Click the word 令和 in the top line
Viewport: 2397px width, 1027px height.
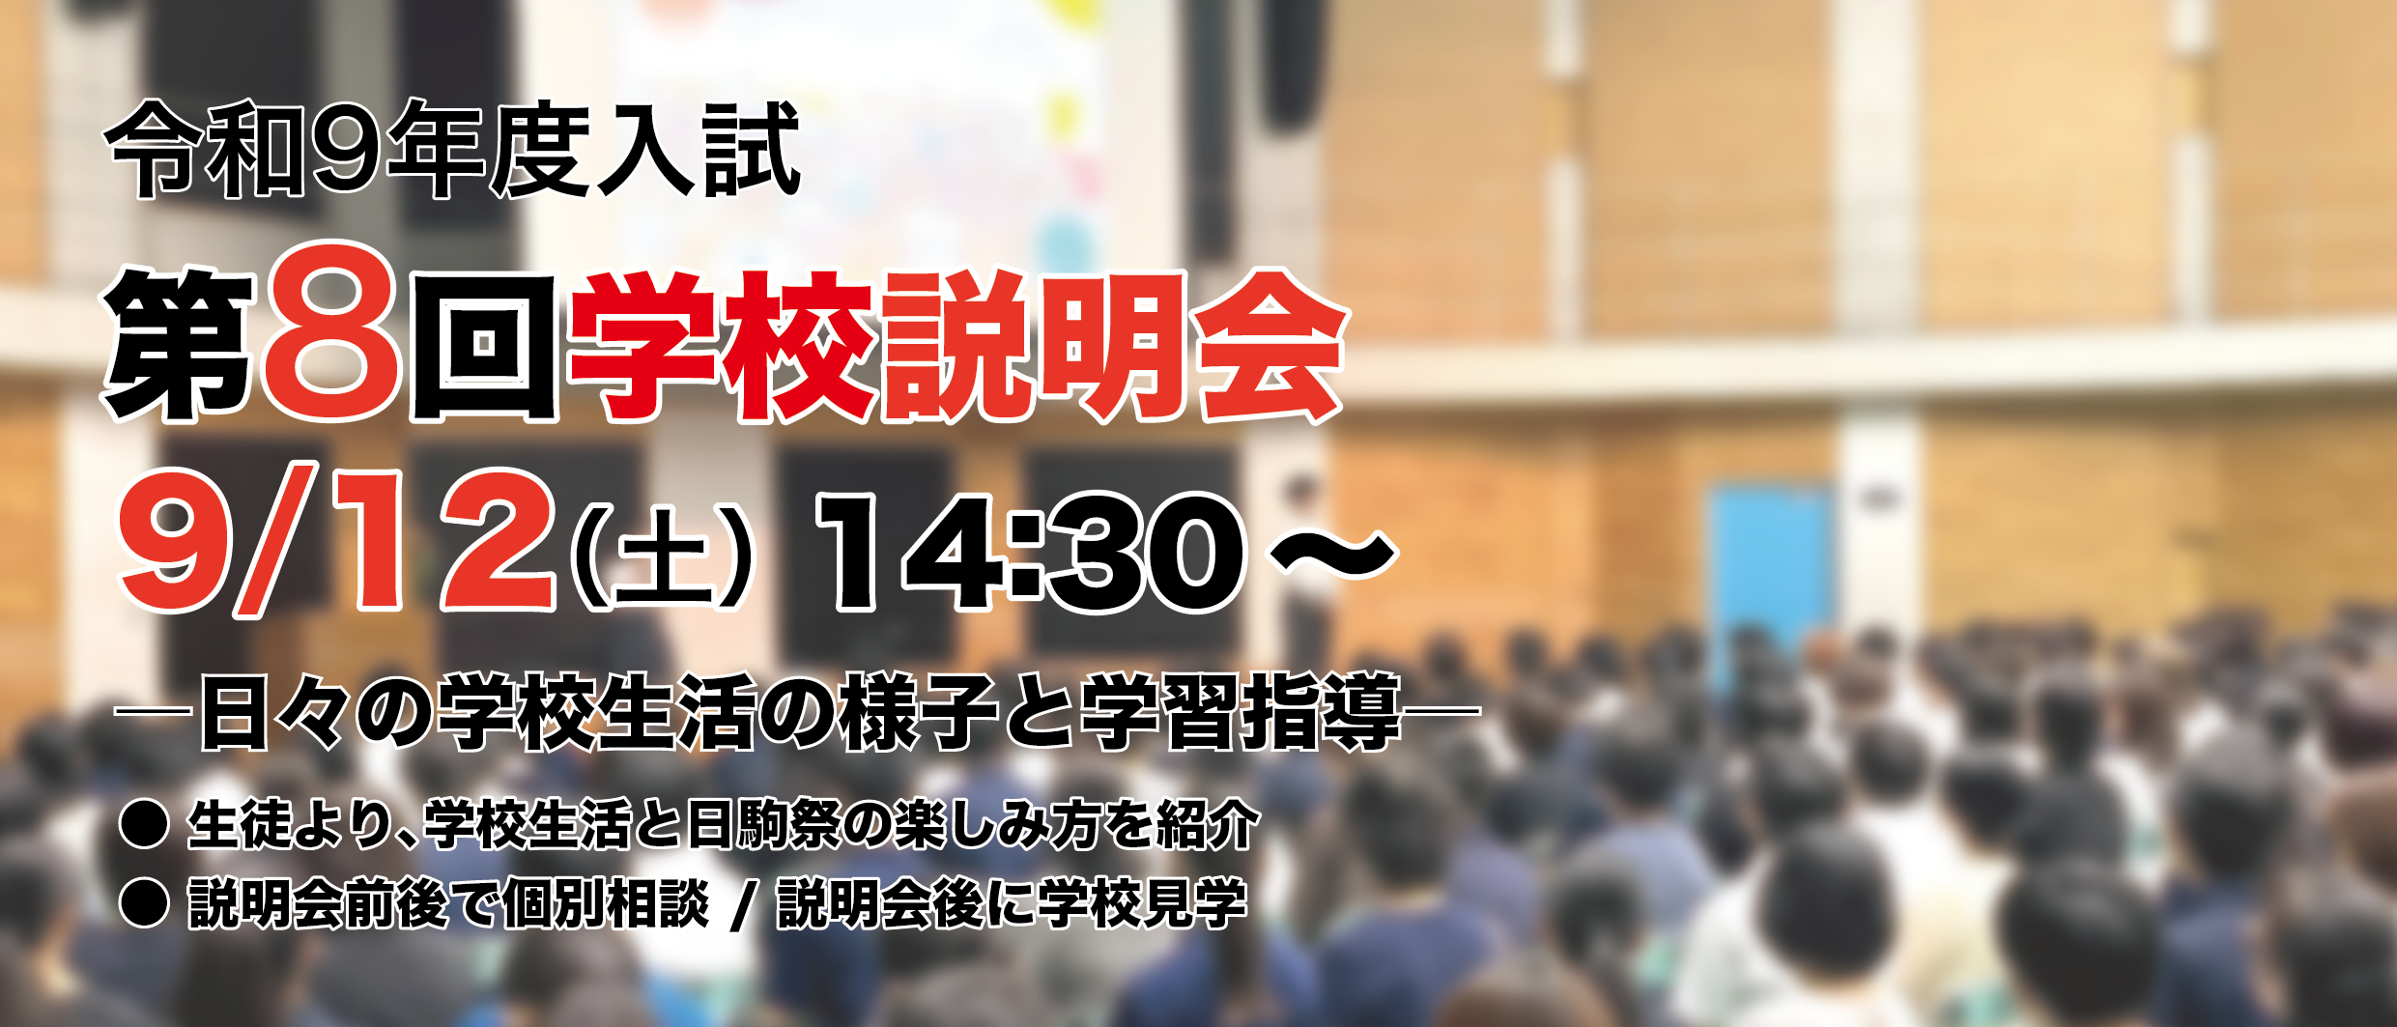tap(205, 149)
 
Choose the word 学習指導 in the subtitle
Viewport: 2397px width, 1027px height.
tap(1241, 712)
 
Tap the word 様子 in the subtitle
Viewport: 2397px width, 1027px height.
tap(919, 712)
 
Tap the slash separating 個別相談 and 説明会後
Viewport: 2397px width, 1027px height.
tap(743, 905)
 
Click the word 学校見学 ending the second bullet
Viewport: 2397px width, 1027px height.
tap(1141, 903)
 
